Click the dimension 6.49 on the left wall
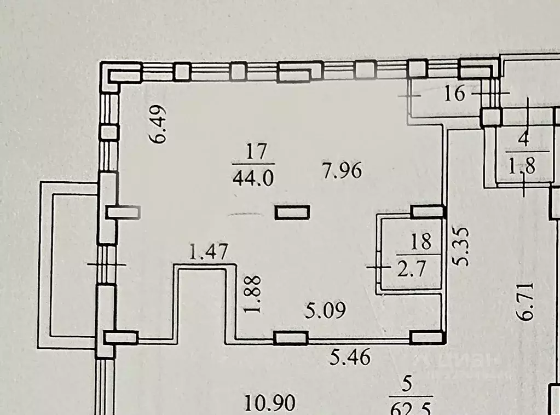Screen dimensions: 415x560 [159, 124]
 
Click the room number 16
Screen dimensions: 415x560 [455, 94]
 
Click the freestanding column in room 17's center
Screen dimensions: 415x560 [292, 212]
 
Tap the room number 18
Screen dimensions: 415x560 [420, 241]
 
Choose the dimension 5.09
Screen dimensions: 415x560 [325, 312]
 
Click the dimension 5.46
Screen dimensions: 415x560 [350, 358]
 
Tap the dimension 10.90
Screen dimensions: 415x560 [271, 404]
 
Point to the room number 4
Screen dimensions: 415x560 [524, 139]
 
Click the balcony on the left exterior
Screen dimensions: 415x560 [74, 266]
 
